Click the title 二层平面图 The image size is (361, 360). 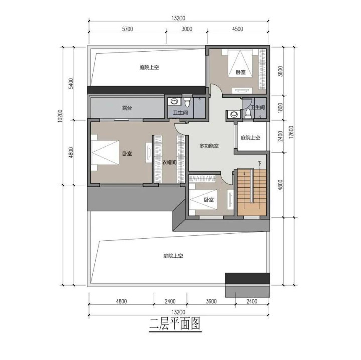175,324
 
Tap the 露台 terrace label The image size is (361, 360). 127,108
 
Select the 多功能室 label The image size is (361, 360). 209,146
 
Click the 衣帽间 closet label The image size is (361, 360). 169,163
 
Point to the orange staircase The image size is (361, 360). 252,192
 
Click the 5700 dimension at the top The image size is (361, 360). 127,29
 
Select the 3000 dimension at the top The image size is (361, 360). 187,29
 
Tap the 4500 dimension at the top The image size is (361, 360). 237,29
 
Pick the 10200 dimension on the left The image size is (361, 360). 60,116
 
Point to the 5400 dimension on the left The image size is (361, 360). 71,83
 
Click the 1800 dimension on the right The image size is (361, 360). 280,107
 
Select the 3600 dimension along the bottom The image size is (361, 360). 211,301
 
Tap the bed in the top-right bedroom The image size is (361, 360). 240,64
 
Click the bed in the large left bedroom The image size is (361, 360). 105,153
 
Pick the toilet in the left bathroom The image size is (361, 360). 187,102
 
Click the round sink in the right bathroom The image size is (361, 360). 234,114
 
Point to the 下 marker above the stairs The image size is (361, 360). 260,164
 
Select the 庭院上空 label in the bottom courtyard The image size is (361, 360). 173,256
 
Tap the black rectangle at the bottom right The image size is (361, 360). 247,278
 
